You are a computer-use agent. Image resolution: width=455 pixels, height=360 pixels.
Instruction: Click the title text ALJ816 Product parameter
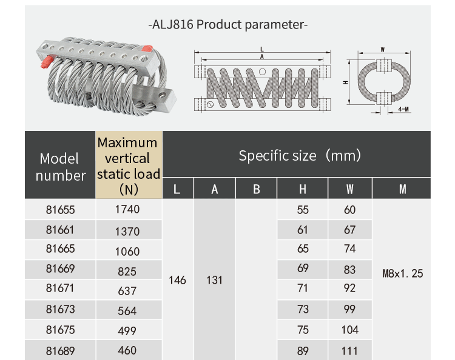coord(228,25)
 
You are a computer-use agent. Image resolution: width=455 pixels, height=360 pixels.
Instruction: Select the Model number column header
coord(60,167)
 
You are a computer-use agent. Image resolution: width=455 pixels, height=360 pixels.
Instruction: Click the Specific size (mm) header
coord(300,156)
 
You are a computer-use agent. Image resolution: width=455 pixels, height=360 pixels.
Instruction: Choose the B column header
coord(256,189)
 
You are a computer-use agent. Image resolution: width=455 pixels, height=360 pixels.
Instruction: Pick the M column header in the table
coord(402,189)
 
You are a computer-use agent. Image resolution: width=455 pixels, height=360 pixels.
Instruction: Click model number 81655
coord(60,210)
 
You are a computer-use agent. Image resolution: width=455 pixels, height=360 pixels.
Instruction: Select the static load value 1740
coord(127,210)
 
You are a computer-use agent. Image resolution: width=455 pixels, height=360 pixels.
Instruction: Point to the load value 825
coord(127,272)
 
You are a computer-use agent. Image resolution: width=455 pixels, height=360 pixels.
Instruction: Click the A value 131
coord(214,281)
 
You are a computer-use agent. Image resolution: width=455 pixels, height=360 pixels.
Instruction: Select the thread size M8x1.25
coord(403,273)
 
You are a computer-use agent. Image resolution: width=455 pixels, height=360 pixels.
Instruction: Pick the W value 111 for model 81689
coord(350,350)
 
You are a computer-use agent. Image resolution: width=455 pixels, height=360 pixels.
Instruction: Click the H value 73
coord(303,310)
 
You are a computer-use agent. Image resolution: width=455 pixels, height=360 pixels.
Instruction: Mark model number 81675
coord(60,330)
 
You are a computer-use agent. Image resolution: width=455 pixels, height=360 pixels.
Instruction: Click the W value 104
coord(350,330)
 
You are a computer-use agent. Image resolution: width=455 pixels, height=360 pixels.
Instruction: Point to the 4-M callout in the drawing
coord(403,108)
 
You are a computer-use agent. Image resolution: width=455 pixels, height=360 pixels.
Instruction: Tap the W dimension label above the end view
coord(383,49)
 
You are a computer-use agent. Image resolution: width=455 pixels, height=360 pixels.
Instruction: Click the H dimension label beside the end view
coord(344,82)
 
